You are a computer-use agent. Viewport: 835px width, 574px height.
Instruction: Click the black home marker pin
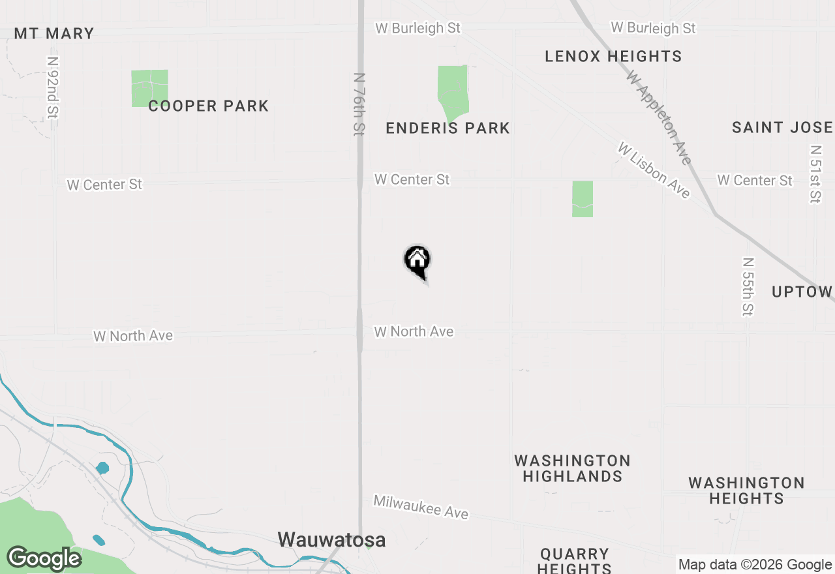pos(417,262)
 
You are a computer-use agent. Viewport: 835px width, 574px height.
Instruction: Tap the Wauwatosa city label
pos(331,540)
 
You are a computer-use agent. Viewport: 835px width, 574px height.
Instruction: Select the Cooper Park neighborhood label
pos(208,106)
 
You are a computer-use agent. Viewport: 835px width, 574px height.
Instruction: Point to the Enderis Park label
pos(448,128)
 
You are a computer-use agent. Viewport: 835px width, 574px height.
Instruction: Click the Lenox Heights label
pos(613,57)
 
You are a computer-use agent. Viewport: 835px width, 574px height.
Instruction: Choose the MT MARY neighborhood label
pos(54,34)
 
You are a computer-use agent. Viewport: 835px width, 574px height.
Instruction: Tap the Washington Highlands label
pos(572,468)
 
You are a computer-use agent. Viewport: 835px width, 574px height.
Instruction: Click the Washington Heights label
pos(746,491)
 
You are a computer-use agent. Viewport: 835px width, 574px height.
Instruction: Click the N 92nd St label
pos(53,87)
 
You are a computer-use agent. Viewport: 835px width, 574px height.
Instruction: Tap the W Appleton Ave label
pos(659,117)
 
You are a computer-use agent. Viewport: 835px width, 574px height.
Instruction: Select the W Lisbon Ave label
pos(654,171)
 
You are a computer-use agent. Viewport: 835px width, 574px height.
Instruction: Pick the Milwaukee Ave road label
pos(421,507)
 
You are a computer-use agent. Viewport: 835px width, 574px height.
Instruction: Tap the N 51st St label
pos(815,174)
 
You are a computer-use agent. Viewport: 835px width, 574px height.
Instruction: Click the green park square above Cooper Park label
pos(149,88)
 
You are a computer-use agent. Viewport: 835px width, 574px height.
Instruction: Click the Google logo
pos(44,559)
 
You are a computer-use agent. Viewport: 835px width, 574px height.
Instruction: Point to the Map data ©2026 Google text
pos(755,565)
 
